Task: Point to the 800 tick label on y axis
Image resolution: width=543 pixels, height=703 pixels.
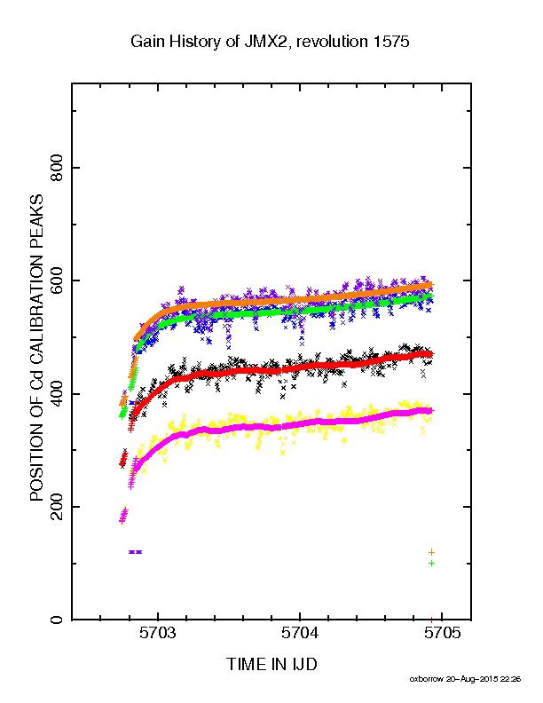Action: coord(56,168)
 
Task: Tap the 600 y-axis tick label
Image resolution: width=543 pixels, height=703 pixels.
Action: coord(56,280)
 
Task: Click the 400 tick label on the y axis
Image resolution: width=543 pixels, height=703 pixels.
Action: coord(56,393)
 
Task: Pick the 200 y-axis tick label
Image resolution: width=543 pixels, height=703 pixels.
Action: coord(56,507)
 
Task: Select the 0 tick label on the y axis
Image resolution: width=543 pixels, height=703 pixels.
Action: coord(56,620)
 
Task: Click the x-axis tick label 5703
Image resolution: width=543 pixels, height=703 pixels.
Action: coord(157,633)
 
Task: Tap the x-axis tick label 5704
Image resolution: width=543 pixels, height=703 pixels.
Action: coord(300,633)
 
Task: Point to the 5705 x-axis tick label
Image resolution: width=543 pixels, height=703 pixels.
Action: coord(442,633)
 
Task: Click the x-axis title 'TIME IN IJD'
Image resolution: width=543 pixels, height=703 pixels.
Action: coord(271,664)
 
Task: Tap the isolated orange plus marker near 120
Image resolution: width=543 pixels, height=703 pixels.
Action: coord(431,552)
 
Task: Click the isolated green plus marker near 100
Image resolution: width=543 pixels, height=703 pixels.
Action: coord(431,563)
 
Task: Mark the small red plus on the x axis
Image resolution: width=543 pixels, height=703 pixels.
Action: coord(431,620)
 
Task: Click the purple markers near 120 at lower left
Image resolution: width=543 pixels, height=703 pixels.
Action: coord(135,552)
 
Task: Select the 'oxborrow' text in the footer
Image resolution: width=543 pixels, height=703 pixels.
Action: coord(426,679)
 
